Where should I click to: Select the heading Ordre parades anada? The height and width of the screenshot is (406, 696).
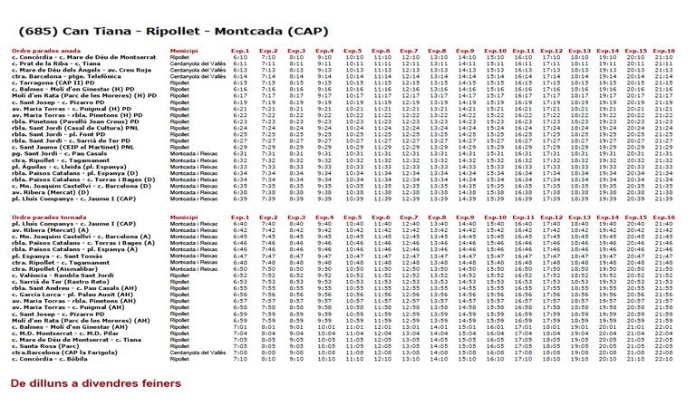click(46, 51)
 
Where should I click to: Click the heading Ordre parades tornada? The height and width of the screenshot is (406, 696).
click(48, 217)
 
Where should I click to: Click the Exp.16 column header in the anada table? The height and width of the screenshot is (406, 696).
click(663, 51)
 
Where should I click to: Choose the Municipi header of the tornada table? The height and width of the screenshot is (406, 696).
click(184, 217)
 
